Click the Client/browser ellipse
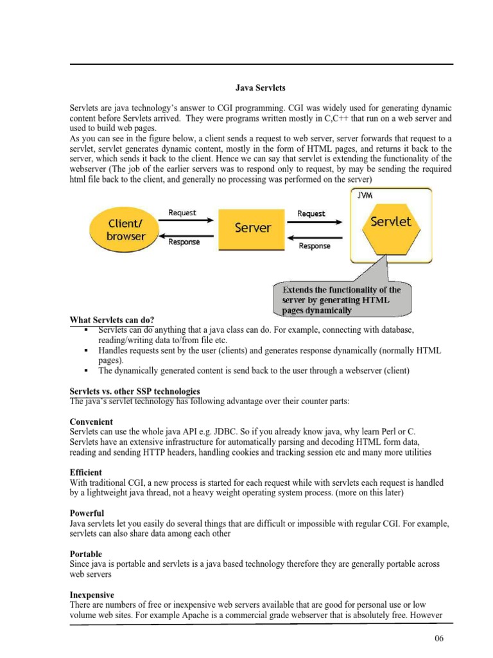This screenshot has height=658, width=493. tap(126, 230)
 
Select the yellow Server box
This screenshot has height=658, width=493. tap(254, 227)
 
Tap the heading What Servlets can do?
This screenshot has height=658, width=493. tap(112, 320)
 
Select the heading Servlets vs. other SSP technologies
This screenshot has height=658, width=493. tap(134, 391)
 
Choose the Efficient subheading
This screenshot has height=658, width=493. tap(86, 472)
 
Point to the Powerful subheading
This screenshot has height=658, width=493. tap(87, 513)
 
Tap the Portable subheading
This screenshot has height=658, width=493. tap(87, 554)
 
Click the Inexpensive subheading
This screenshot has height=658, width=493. tap(92, 595)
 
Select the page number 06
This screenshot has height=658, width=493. tap(438, 638)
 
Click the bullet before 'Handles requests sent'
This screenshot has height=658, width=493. tap(85, 351)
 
